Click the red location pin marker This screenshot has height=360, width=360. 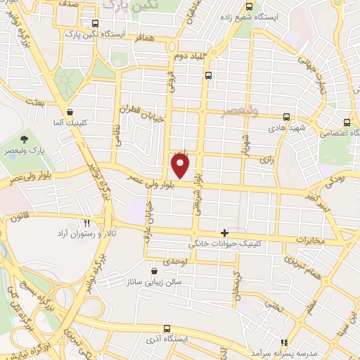point(181,166)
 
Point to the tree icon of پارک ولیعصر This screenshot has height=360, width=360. point(25,139)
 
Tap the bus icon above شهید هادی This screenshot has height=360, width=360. point(285,117)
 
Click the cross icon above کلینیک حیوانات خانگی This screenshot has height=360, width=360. point(224,233)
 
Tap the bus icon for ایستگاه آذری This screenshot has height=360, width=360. point(167,328)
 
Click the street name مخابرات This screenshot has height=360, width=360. point(311,240)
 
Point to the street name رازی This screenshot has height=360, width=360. point(266,160)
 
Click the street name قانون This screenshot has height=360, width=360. point(18,217)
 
